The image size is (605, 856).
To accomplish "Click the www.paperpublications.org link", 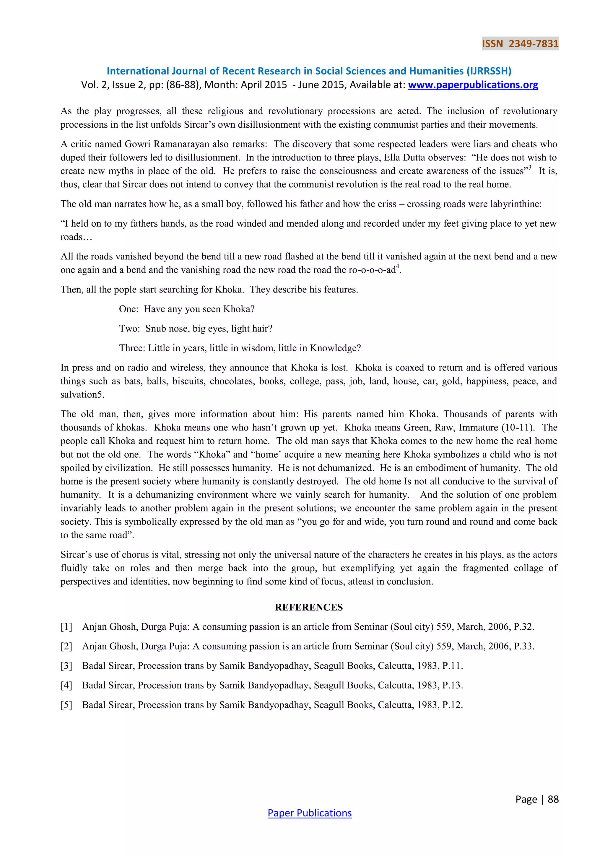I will [x=473, y=85].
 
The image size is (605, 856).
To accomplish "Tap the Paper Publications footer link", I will [x=309, y=813].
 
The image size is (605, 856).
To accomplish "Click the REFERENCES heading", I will [x=309, y=607].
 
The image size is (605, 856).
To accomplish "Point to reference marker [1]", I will [x=66, y=627].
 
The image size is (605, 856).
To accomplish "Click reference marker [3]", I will [x=66, y=666].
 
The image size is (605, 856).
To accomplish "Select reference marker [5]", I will [x=66, y=705].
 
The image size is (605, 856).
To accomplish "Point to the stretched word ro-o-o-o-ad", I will [x=372, y=270].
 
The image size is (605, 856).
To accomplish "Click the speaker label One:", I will [x=129, y=309].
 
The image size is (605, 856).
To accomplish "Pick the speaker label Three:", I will [x=132, y=348].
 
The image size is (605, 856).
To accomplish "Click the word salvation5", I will [x=82, y=394].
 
